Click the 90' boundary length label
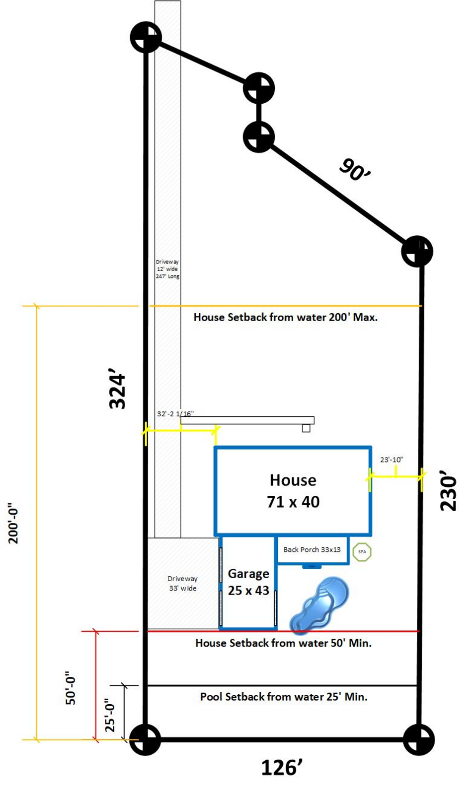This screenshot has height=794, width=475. [354, 170]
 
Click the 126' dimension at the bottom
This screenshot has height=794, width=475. [281, 768]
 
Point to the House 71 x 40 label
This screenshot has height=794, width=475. [293, 491]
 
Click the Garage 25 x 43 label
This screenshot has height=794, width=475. [248, 582]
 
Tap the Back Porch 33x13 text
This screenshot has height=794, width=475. [312, 550]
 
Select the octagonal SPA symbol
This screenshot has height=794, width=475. [362, 552]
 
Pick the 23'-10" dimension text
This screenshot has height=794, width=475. [392, 460]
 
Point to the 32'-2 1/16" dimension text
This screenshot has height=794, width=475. [175, 413]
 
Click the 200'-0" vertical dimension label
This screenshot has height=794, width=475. [13, 523]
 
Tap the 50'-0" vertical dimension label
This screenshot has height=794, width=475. [71, 687]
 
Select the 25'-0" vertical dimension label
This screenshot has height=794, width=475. [110, 714]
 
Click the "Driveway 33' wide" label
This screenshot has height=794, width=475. [182, 584]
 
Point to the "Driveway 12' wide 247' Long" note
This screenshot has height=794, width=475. [167, 269]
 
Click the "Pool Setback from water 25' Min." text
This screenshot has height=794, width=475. [284, 697]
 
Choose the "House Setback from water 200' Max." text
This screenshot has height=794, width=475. [286, 317]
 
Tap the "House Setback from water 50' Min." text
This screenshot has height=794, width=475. [283, 643]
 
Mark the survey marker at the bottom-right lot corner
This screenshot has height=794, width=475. [419, 739]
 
